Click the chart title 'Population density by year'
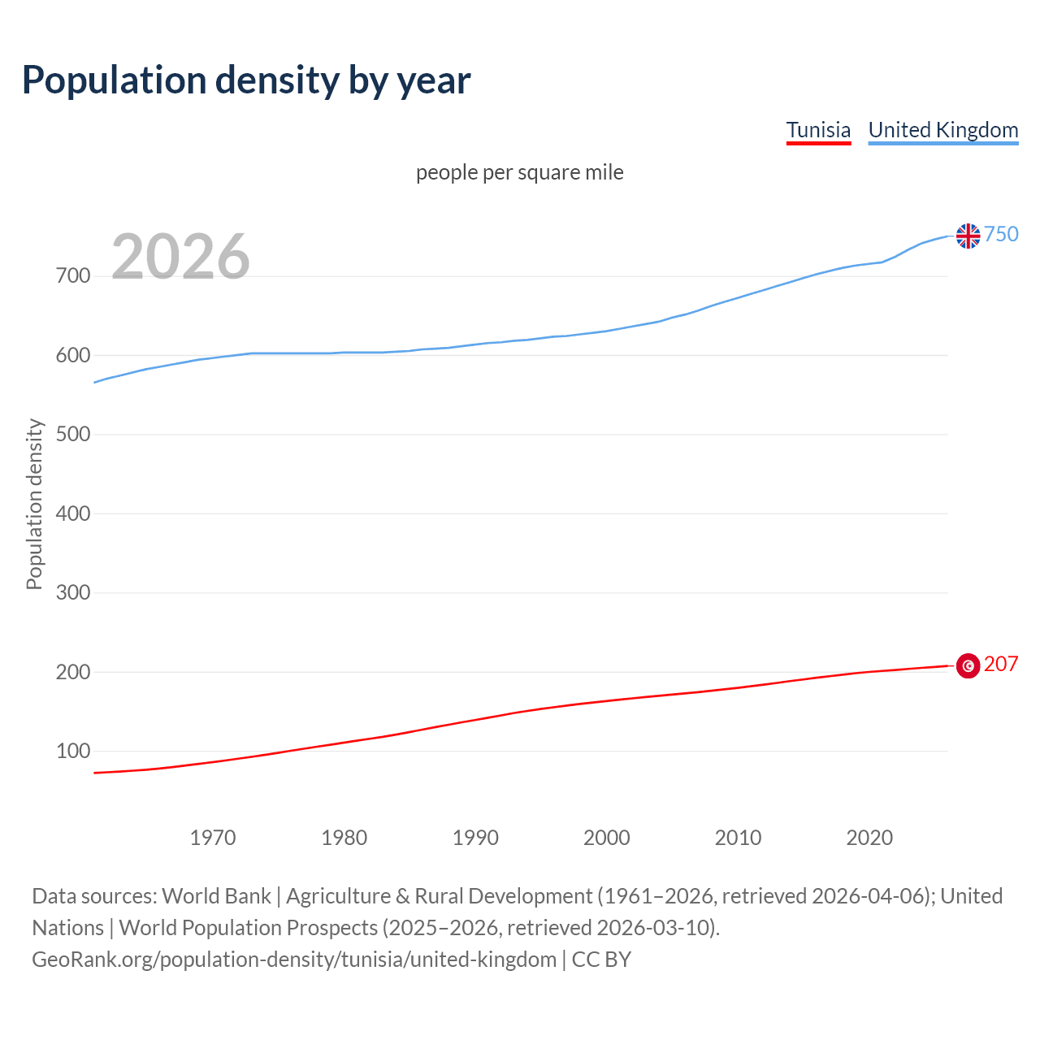246,80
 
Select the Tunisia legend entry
818,130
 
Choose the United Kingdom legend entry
942,130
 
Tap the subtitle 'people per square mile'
519,173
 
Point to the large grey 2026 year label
180,257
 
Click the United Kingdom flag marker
968,236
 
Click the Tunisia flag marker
968,665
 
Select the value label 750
1001,234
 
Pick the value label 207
1001,664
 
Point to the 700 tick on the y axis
73,276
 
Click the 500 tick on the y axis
73,435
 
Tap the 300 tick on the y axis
73,593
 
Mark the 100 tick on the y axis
73,752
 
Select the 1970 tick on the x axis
213,838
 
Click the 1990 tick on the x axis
475,838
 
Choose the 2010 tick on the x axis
738,838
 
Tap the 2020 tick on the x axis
869,838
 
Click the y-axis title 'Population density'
34,504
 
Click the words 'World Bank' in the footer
216,896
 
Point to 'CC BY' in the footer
601,960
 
